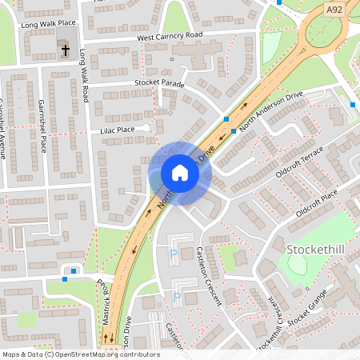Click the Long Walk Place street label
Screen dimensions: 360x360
point(47,25)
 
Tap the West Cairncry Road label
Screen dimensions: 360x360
point(169,37)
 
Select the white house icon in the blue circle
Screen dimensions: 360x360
point(180,173)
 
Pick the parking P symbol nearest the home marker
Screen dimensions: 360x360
point(174,255)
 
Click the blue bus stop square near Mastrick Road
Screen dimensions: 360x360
point(74,271)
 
